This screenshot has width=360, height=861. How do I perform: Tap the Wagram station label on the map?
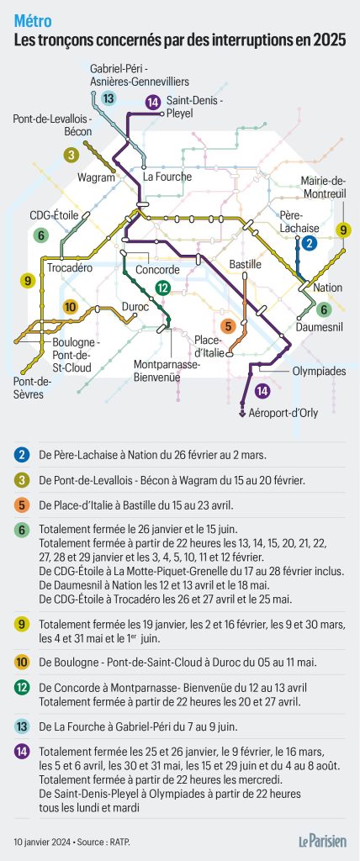[96, 177]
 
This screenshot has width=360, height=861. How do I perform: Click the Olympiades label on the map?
[295, 370]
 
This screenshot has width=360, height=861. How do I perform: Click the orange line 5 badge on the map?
[227, 325]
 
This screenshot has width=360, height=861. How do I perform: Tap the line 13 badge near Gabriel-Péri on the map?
[109, 99]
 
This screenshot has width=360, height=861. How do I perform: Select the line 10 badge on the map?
[71, 307]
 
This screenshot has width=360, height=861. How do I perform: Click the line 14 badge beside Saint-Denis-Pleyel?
[152, 103]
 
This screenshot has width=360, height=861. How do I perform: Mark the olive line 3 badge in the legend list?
[21, 480]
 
